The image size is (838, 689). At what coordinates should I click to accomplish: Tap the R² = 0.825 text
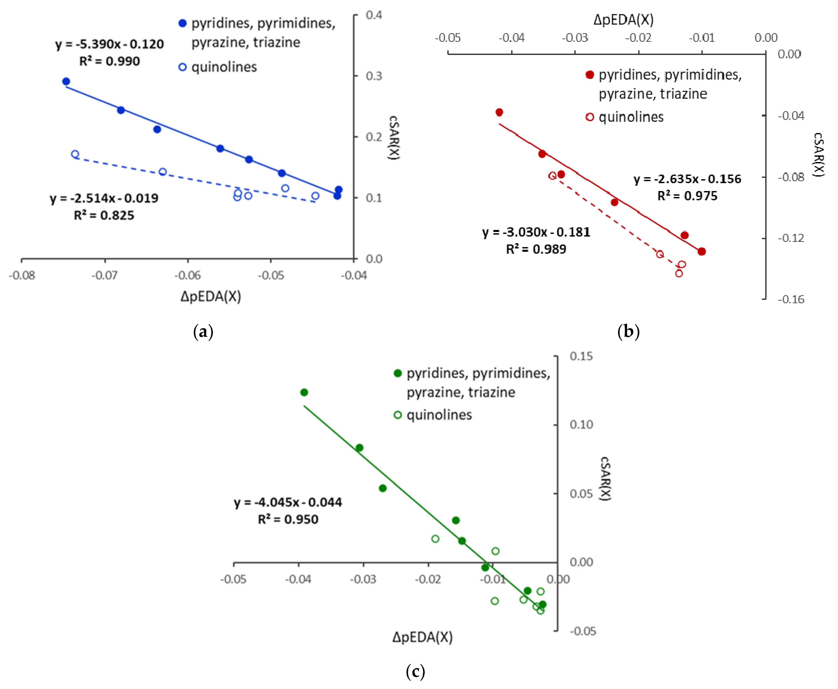click(x=104, y=215)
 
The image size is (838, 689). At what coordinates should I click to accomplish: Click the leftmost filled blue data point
click(x=66, y=81)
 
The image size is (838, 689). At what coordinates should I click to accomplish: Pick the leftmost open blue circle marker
click(x=75, y=154)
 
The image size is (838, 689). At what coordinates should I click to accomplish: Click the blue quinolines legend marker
click(x=182, y=67)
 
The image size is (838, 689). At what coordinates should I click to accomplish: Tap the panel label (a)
click(x=203, y=331)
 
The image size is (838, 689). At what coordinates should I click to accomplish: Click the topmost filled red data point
click(x=499, y=112)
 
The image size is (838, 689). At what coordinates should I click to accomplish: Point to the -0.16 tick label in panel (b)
click(x=791, y=299)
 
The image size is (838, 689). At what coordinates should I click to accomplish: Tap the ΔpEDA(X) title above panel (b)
click(x=623, y=19)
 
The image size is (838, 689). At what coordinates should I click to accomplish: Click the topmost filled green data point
click(x=304, y=392)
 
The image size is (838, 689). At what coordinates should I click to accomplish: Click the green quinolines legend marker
click(x=398, y=415)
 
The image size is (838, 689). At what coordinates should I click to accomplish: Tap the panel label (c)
click(x=415, y=672)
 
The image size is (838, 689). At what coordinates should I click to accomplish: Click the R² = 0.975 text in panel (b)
click(x=687, y=196)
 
